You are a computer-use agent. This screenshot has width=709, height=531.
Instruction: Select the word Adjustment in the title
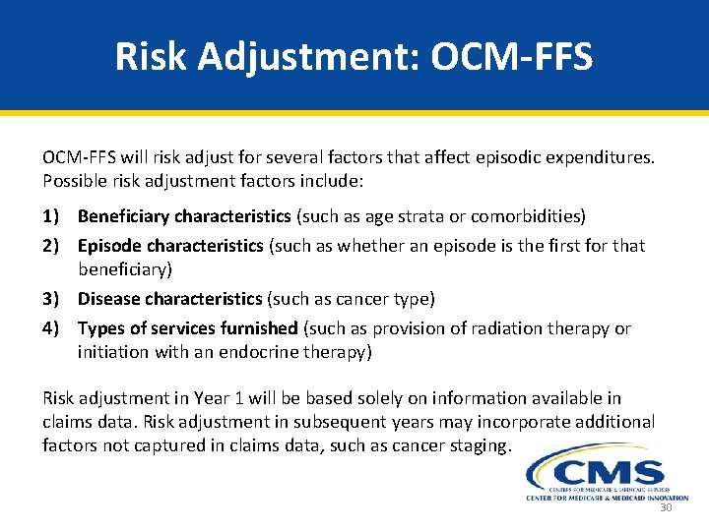[310, 56]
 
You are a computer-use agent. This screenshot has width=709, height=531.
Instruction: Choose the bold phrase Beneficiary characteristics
[184, 215]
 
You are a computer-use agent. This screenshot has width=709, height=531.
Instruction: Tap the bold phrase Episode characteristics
[170, 246]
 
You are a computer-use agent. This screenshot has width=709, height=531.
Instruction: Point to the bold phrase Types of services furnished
[187, 327]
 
